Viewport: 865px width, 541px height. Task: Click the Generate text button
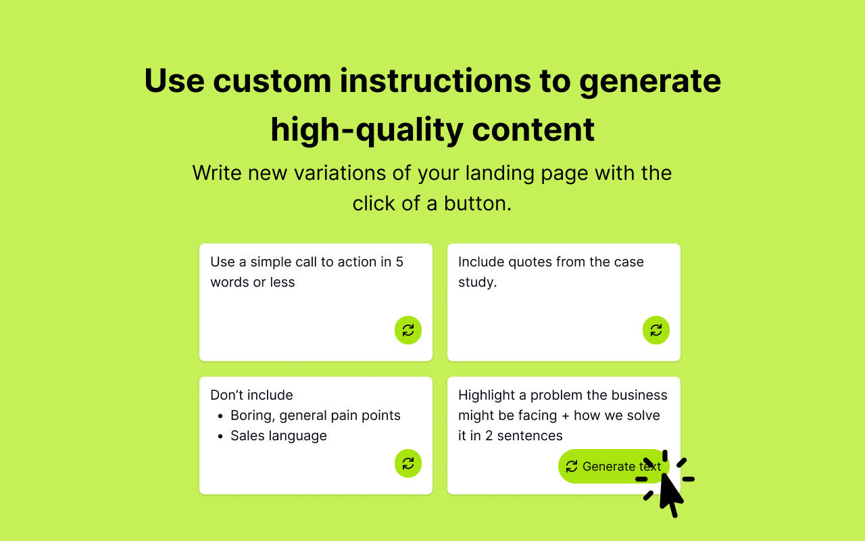click(612, 466)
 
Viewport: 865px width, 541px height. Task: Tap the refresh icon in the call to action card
click(408, 330)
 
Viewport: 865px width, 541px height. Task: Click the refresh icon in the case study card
click(656, 330)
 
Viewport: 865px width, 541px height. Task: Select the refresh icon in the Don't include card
click(408, 463)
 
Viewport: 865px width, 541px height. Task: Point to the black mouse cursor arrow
click(670, 494)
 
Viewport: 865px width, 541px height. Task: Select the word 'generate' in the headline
click(649, 80)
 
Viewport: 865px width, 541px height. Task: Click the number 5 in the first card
click(399, 262)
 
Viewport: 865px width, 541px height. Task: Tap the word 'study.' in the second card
click(477, 282)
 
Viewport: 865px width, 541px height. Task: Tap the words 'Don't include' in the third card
click(251, 395)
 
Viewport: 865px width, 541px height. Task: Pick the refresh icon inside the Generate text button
click(572, 466)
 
